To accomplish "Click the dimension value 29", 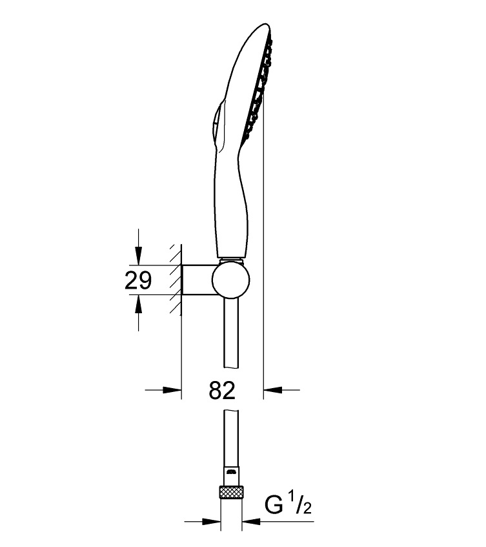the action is (138, 280).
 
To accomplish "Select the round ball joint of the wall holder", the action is (231, 280).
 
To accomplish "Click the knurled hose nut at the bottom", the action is (231, 493).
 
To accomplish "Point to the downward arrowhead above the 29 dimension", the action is (139, 256).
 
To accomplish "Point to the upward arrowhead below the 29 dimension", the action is (139, 304).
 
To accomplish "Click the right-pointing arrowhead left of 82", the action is (172, 390).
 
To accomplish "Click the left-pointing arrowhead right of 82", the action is (272, 389).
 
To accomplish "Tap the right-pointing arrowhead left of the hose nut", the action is (211, 522).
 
